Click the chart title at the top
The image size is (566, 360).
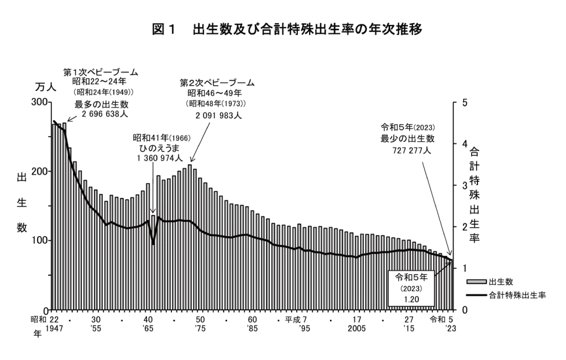click(x=287, y=30)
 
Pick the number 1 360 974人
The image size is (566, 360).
click(x=159, y=158)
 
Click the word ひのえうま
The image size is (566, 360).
click(x=160, y=148)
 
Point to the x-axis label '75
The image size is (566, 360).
click(x=201, y=328)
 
